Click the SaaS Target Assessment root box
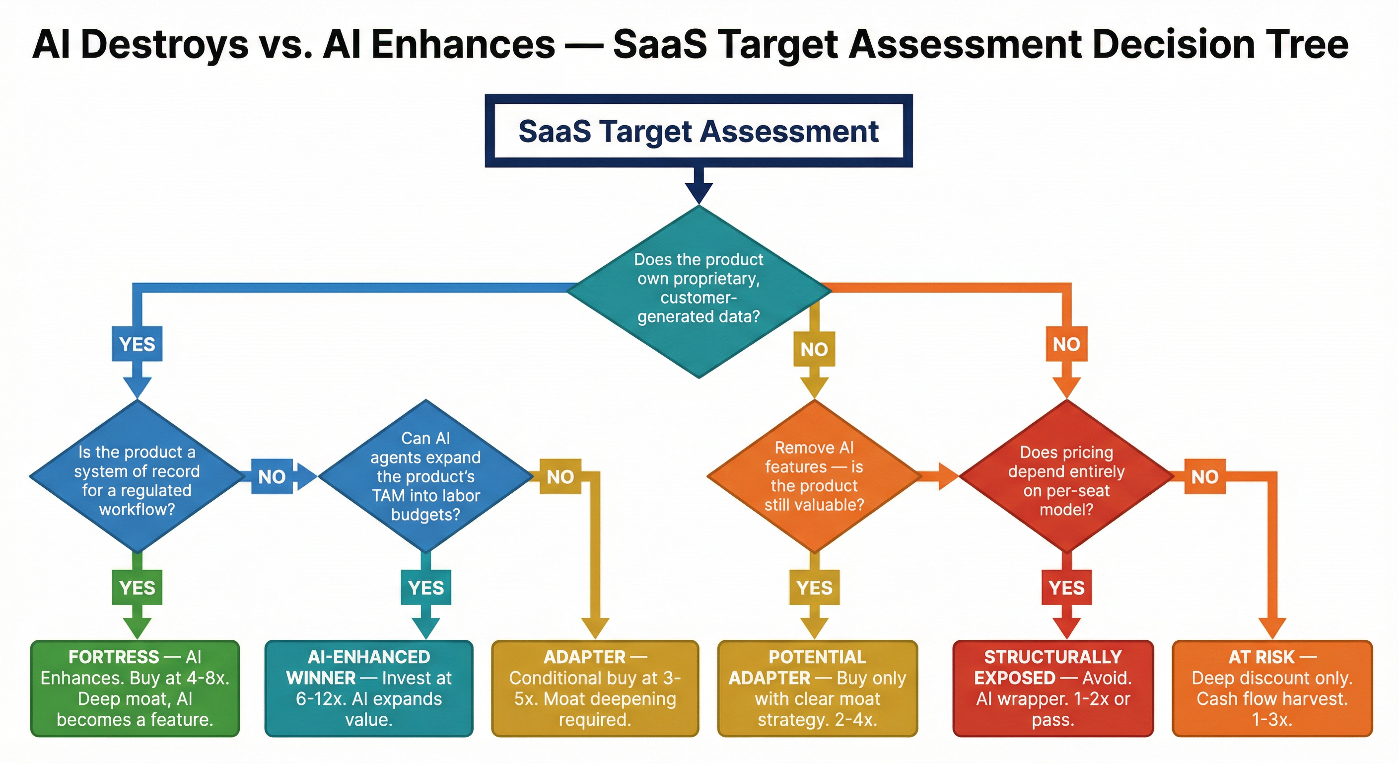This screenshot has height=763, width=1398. [x=699, y=131]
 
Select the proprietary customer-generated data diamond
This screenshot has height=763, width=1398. [x=699, y=292]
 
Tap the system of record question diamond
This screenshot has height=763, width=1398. [x=138, y=476]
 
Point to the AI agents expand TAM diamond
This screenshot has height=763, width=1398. [x=426, y=476]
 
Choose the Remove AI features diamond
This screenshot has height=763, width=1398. [x=814, y=476]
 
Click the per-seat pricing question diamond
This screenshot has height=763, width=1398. [x=1067, y=476]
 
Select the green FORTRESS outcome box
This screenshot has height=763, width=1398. [x=135, y=688]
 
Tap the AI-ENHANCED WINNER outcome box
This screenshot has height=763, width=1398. [x=369, y=688]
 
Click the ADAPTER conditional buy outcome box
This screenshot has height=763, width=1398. [x=595, y=688]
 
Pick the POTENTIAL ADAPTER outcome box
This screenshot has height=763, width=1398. [x=818, y=688]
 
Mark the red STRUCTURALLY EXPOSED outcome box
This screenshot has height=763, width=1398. [x=1053, y=688]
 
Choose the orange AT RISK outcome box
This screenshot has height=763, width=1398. [x=1272, y=688]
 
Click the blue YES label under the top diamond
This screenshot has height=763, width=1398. [x=138, y=344]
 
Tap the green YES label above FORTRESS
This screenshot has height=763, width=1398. [x=138, y=587]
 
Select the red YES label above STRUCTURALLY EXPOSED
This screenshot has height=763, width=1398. [x=1067, y=587]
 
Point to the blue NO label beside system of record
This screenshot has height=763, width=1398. [x=272, y=476]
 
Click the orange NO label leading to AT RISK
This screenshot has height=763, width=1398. [x=1205, y=476]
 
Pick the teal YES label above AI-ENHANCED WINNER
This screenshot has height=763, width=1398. [x=426, y=587]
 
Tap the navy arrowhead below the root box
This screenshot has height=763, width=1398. [x=699, y=193]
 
